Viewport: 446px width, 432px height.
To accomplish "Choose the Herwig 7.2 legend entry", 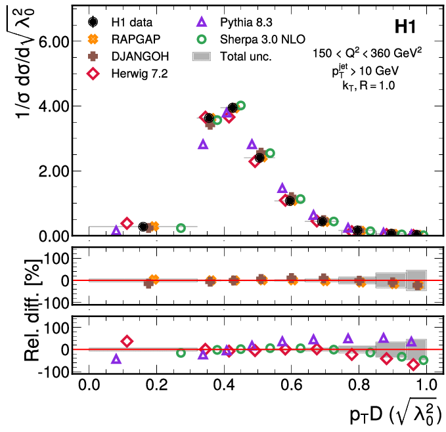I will click(137, 74).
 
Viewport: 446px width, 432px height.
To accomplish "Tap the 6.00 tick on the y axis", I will click(52, 41).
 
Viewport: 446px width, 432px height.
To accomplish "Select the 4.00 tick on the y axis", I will click(52, 106).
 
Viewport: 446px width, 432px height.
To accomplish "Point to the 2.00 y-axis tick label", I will click(52, 171).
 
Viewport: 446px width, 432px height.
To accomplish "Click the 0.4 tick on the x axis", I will click(224, 384).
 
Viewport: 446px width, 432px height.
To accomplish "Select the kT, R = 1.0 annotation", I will click(371, 84).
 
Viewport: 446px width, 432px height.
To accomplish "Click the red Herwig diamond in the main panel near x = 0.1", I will click(127, 224).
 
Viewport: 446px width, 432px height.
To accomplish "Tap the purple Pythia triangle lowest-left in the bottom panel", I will click(116, 359).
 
